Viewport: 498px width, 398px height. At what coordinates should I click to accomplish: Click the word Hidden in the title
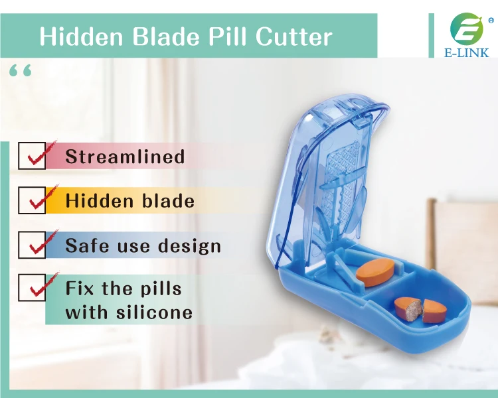point(81,36)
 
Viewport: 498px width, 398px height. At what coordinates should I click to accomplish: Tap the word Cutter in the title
point(293,36)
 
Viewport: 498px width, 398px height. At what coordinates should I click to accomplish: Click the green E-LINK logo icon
point(467,29)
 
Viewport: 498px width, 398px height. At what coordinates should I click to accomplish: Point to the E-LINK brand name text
point(467,52)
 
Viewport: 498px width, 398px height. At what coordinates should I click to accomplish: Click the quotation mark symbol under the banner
point(21,71)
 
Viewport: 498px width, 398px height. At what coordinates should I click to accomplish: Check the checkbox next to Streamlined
point(32,156)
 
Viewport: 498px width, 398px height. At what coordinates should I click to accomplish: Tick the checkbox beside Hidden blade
point(32,200)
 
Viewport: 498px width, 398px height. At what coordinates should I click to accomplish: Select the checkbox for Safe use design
point(32,245)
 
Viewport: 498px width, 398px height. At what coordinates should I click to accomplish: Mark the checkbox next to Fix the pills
point(32,287)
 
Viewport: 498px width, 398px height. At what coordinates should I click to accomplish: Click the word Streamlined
point(125,156)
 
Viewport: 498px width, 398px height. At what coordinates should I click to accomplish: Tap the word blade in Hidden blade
point(168,200)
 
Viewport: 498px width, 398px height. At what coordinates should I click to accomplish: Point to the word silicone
point(154,312)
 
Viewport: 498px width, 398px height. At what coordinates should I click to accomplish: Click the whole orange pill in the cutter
point(374,273)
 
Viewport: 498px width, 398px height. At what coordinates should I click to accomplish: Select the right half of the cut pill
point(434,310)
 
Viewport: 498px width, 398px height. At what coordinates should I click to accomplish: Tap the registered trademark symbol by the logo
point(491,21)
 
